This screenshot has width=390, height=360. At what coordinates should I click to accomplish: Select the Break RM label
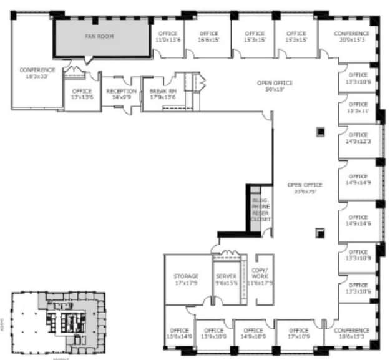coord(162,94)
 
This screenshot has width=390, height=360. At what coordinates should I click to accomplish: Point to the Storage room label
coord(187,280)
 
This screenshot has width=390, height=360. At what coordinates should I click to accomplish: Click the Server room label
coord(226,280)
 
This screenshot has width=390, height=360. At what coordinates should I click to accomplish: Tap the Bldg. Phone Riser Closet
coord(260,210)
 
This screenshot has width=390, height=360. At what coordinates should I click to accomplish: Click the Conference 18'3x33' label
coord(37,73)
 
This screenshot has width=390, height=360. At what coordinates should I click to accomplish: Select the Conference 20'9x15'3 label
coord(351,37)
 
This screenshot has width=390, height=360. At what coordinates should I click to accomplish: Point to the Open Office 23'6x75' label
coord(305,188)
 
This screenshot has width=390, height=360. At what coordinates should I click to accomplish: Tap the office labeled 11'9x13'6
coord(168,37)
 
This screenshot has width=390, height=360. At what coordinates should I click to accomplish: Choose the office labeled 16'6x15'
coord(209,37)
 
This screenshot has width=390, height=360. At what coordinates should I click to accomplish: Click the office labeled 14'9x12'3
coord(358,138)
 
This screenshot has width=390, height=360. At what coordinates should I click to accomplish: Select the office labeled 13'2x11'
coord(358,107)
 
